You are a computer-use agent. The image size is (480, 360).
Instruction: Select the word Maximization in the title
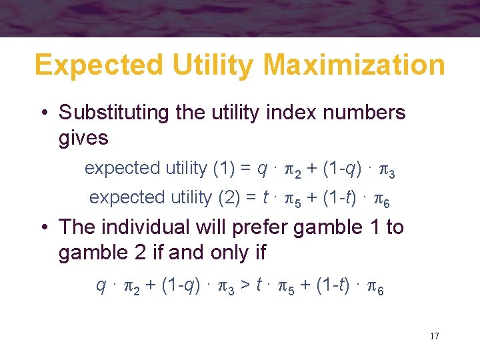coord(354,65)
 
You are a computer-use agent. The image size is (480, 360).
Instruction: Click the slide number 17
coord(434,335)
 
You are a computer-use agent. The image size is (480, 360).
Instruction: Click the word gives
coord(83,138)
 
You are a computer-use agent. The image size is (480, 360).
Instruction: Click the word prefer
coord(255,227)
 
